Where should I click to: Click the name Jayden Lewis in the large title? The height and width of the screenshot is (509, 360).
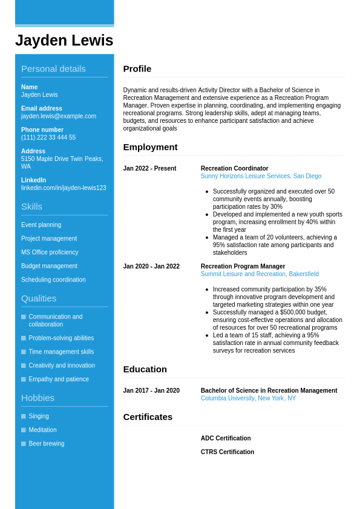64,41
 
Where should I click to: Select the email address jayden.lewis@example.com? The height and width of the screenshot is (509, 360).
59,116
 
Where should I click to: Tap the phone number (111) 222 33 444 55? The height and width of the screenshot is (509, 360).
48,137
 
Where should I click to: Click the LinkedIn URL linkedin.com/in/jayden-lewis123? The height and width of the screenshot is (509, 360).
64,188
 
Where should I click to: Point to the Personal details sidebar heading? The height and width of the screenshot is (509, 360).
53,69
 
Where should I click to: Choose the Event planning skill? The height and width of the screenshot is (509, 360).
41,225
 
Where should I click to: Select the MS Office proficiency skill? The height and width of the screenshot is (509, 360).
50,252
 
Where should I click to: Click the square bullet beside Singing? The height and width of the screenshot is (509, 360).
24,416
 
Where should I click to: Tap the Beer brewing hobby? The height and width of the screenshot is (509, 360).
46,444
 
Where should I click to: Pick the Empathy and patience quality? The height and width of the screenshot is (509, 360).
59,379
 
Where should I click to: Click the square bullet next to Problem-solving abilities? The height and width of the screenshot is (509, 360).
24,338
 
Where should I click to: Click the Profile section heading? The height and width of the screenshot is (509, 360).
137,69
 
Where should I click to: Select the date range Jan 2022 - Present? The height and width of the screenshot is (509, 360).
149,169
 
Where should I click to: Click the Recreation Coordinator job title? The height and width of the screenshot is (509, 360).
234,169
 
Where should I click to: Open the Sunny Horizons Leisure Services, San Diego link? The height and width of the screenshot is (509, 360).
261,176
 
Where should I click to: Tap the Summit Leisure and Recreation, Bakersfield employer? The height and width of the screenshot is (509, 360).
260,274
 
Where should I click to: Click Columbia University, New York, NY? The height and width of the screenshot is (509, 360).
248,398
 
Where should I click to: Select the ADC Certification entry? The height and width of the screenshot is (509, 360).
226,438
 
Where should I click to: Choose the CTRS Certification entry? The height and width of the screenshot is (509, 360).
227,452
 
